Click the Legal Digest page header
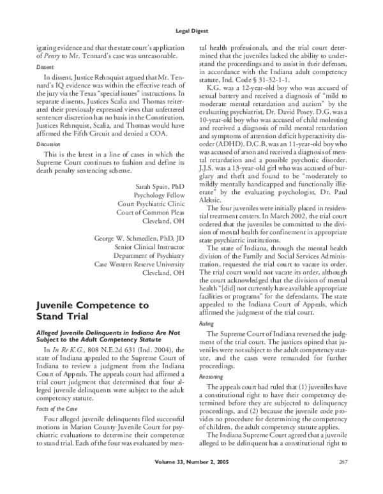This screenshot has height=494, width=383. (x=191, y=30)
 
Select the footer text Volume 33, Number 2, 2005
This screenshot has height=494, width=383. (x=191, y=479)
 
